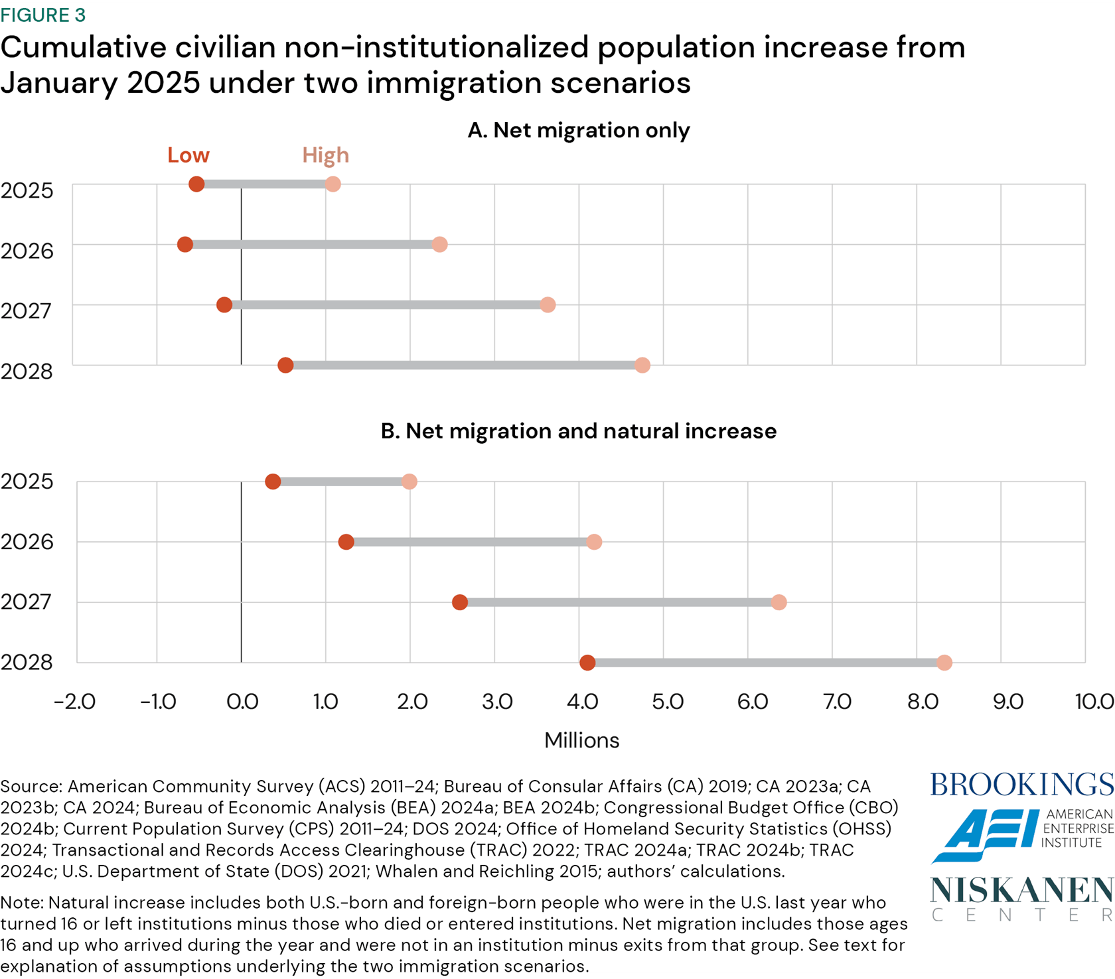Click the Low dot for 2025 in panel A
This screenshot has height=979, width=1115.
coord(196,184)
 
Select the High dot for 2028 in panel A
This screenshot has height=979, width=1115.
coord(642,365)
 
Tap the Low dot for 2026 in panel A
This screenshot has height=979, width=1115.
coord(185,244)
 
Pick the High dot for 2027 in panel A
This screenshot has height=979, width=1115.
coord(548,304)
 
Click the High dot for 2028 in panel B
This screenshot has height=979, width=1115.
coord(944,663)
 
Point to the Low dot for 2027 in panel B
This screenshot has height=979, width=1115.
coord(460,602)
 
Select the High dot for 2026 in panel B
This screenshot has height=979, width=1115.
coord(594,542)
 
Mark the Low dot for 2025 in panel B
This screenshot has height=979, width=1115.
coord(273,482)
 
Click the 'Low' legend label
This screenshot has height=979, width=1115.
coord(188,155)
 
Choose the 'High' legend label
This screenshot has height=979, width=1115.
coord(325,155)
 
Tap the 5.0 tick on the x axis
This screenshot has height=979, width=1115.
coord(667,701)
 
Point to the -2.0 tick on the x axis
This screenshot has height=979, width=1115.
coord(75,701)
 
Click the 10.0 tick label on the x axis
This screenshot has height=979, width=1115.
coord(1094,701)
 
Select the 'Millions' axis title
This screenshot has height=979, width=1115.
coord(581,740)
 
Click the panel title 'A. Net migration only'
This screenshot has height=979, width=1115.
coord(578,130)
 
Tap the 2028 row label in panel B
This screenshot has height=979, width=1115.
coord(27,662)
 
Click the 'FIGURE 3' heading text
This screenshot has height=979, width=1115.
coord(43,15)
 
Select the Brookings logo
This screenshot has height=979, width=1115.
coord(1021,785)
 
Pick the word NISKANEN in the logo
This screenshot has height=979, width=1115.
coord(1021,891)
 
